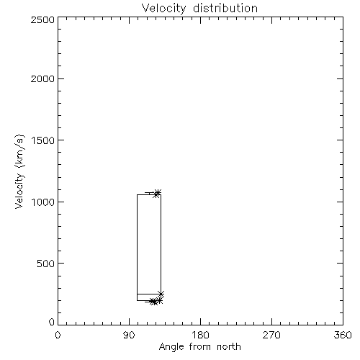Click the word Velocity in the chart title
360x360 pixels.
[x=163, y=9]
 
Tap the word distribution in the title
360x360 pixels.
[x=225, y=8]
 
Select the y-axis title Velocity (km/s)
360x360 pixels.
[x=19, y=171]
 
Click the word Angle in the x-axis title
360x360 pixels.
[x=171, y=347]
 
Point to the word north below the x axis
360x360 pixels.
[x=229, y=347]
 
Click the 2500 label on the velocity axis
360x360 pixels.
[x=42, y=19]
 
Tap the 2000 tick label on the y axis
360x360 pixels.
[x=42, y=78]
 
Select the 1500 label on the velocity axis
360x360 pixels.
[x=42, y=140]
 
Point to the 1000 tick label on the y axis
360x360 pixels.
[x=42, y=202]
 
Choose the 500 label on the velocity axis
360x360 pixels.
[x=46, y=264]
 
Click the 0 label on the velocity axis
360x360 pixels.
[x=52, y=322]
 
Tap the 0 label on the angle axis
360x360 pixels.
[x=58, y=335]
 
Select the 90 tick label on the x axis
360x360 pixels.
[x=129, y=335]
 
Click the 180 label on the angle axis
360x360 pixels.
[x=200, y=335]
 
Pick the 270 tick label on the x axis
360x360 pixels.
[x=271, y=335]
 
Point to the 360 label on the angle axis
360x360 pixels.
[x=343, y=335]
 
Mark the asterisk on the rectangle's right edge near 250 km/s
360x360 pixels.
[x=161, y=294]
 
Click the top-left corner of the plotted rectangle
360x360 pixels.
[x=137, y=194]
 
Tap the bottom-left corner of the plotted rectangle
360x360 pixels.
[x=137, y=300]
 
